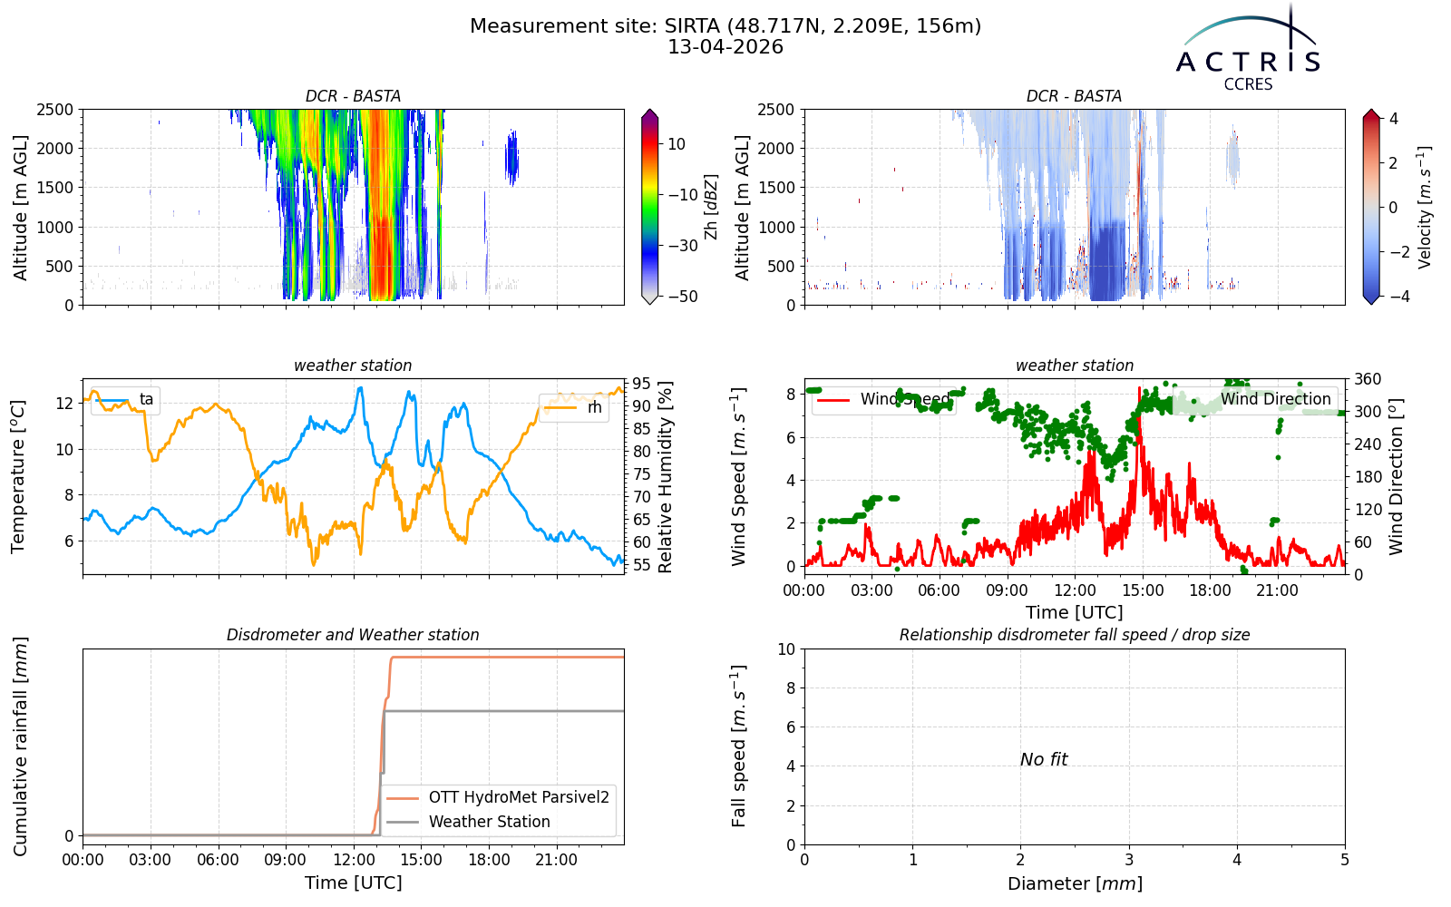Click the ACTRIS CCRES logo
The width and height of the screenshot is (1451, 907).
(1248, 49)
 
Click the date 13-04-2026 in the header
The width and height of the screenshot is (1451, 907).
(725, 47)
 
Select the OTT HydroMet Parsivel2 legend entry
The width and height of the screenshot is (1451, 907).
(498, 797)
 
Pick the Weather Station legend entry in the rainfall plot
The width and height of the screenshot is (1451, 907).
(468, 822)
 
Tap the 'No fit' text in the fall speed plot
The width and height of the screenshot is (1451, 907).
(1044, 759)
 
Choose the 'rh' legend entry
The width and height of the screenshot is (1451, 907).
(574, 407)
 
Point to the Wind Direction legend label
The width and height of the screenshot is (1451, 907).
(1275, 399)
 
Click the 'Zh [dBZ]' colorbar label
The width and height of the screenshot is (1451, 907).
(711, 207)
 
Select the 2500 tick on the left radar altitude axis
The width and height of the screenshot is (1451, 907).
(55, 110)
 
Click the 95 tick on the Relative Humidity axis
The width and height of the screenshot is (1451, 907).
(641, 384)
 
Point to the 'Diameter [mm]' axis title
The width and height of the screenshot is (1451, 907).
(1075, 883)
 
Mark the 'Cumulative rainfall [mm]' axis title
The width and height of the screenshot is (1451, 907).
(20, 746)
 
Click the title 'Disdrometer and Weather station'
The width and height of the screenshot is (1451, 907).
(353, 635)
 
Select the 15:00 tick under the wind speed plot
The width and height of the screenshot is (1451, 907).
(1143, 590)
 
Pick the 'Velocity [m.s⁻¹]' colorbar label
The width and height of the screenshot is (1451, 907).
(1425, 207)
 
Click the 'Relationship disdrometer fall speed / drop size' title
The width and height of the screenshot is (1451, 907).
(1075, 635)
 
